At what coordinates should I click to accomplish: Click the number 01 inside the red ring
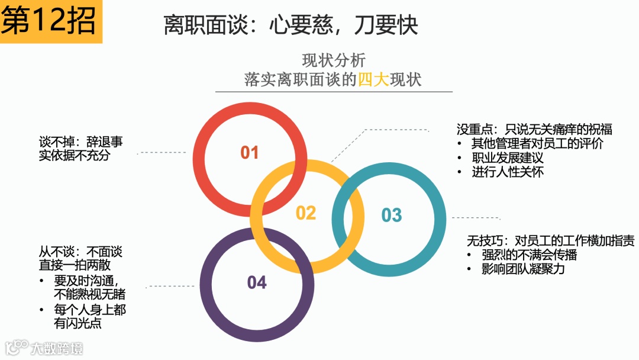(x=250, y=153)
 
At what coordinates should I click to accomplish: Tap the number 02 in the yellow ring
(x=306, y=213)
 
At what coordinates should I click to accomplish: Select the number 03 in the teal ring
(x=391, y=215)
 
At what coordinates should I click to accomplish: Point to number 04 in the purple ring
(x=257, y=283)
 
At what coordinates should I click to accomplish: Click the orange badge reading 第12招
(x=50, y=21)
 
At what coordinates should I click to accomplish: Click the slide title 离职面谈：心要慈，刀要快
(x=291, y=25)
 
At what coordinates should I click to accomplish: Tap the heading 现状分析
(x=334, y=60)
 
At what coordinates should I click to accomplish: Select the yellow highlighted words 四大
(x=373, y=79)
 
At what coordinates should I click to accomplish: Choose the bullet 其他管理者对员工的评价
(x=537, y=143)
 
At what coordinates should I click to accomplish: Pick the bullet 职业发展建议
(x=507, y=158)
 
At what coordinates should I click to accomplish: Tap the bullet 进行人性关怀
(x=507, y=172)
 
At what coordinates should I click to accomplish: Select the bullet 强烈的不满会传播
(x=529, y=255)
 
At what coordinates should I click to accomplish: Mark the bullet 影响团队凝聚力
(x=523, y=269)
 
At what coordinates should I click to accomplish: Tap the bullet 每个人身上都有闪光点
(x=89, y=317)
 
